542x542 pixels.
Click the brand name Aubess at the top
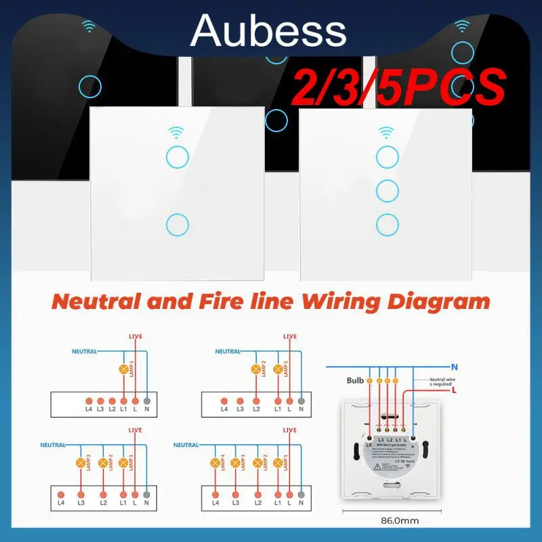(269, 31)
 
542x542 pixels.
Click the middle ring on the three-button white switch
(387, 190)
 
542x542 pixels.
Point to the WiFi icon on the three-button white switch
(387, 129)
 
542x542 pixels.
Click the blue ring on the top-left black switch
(90, 86)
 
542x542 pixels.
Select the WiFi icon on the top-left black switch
(89, 27)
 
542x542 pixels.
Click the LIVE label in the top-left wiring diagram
(135, 337)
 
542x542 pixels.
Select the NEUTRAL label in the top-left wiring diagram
(84, 352)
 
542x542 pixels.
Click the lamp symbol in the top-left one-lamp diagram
(124, 370)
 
